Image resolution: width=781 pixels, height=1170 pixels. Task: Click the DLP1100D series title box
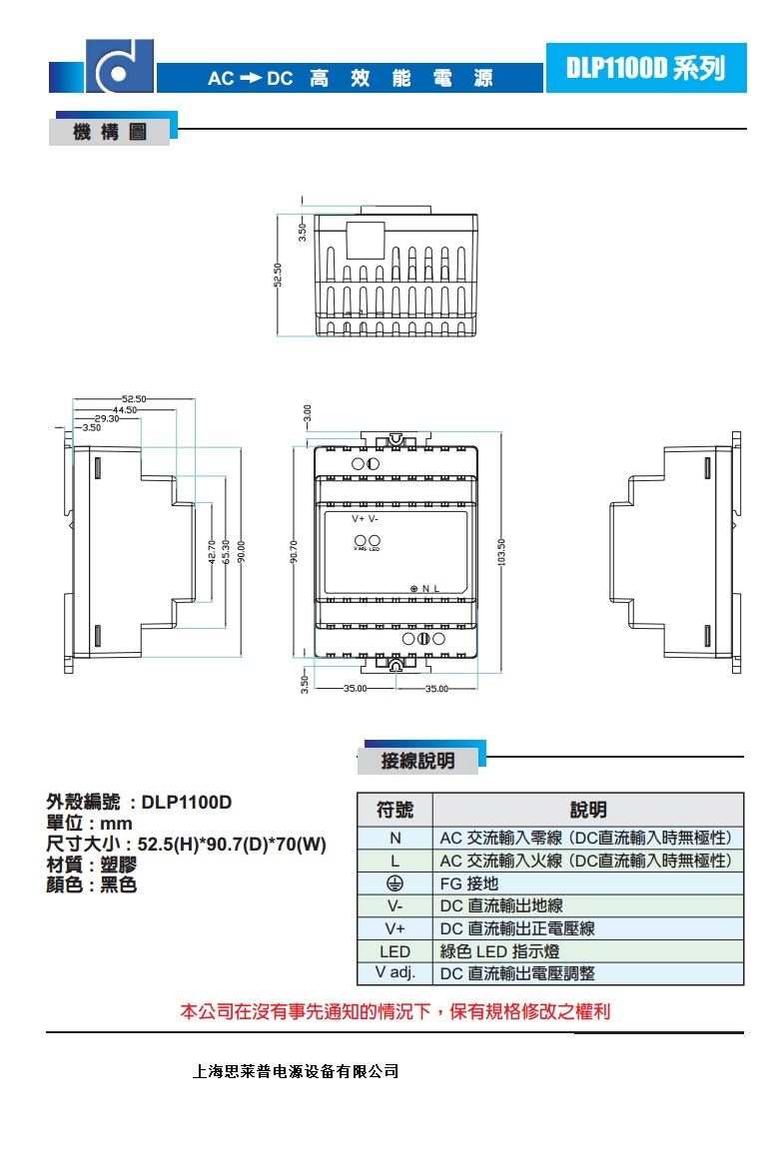pyautogui.click(x=645, y=68)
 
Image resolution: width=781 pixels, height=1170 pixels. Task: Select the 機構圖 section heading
pyautogui.click(x=110, y=133)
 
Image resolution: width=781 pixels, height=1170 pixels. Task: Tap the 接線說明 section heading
pyautogui.click(x=417, y=761)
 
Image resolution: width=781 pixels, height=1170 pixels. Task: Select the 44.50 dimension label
pyautogui.click(x=124, y=409)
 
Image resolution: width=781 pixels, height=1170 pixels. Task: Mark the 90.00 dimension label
pyautogui.click(x=241, y=552)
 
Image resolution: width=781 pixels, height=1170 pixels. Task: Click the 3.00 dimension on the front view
pyautogui.click(x=308, y=411)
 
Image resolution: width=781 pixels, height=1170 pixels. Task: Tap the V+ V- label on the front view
pyautogui.click(x=365, y=519)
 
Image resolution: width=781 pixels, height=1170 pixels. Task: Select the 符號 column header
pyautogui.click(x=394, y=810)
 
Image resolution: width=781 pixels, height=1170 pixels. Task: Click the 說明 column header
pyautogui.click(x=588, y=810)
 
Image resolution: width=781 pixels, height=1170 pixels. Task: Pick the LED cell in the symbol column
pyautogui.click(x=394, y=951)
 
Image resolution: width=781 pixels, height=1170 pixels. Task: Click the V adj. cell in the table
pyautogui.click(x=394, y=973)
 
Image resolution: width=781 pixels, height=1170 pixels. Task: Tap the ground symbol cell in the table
pyautogui.click(x=394, y=882)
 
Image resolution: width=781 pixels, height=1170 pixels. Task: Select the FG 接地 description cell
pyautogui.click(x=469, y=883)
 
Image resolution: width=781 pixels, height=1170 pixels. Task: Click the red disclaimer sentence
pyautogui.click(x=394, y=1011)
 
